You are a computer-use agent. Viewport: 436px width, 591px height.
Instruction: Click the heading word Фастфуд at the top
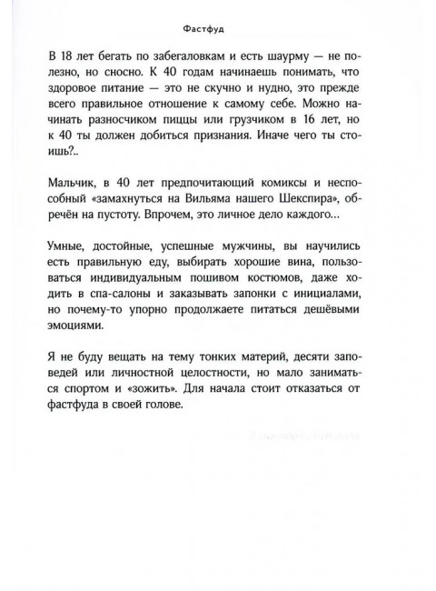pyautogui.click(x=218, y=28)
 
